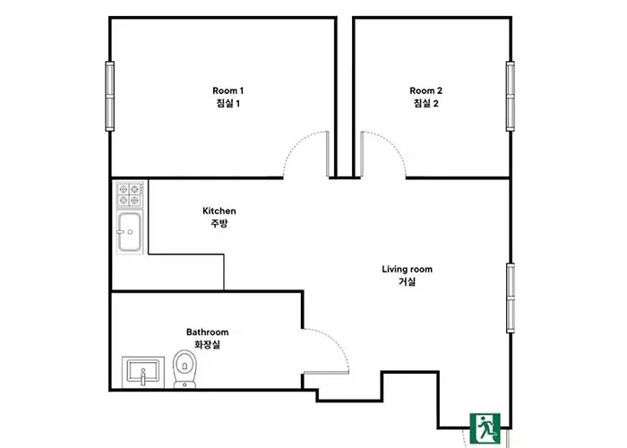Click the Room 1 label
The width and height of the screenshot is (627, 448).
click(x=228, y=97)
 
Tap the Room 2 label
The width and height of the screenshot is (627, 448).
click(x=425, y=97)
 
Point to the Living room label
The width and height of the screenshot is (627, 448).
click(x=407, y=275)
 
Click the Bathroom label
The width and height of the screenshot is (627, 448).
click(x=207, y=338)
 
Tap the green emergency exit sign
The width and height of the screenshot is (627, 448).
click(x=485, y=428)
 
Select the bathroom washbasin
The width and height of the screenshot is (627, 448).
click(x=142, y=372)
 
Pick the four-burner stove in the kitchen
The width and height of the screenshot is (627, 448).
click(x=130, y=194)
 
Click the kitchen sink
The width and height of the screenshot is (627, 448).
click(x=129, y=233)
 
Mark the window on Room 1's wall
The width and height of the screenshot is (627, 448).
click(x=109, y=96)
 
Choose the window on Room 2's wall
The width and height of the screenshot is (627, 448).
click(x=511, y=96)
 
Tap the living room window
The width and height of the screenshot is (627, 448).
click(x=511, y=298)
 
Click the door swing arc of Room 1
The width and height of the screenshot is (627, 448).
click(x=296, y=145)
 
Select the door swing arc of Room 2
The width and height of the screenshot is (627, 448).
click(x=393, y=145)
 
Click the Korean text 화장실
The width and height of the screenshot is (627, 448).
click(x=207, y=344)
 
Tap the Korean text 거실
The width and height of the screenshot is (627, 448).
click(x=407, y=281)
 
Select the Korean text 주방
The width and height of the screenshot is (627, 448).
click(x=219, y=223)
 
